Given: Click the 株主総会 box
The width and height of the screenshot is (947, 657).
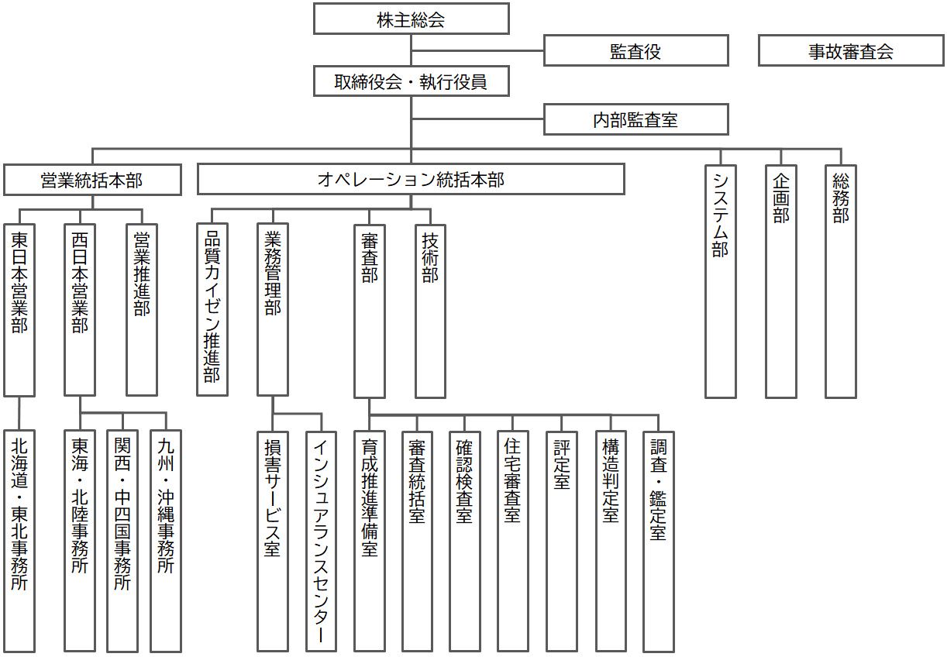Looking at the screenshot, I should tap(411, 19).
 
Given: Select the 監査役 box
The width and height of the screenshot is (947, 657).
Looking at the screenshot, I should tap(635, 51).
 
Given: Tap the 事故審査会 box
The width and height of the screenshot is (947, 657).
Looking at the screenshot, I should tap(850, 51).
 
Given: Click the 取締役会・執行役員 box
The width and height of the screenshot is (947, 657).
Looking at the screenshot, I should tap(411, 81).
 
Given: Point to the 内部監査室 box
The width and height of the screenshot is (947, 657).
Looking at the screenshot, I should tap(635, 119).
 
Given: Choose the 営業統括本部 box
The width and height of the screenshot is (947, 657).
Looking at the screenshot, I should tap(92, 180).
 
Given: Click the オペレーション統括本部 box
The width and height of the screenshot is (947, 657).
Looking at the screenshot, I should tap(411, 180).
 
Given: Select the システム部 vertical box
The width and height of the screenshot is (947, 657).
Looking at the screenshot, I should tap(721, 281).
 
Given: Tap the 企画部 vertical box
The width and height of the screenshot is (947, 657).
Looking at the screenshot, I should tap(781, 281).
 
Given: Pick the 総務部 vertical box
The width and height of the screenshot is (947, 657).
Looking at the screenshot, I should tap(841, 281).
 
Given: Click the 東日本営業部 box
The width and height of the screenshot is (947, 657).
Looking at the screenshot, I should tap(19, 310).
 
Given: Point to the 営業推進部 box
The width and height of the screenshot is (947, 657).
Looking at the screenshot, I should tap(142, 310).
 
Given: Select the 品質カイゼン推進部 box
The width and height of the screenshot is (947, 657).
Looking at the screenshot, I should tap(212, 310).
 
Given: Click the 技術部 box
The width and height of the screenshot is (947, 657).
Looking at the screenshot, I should tap(430, 310).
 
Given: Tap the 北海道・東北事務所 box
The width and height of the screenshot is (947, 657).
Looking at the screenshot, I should tap(19, 541).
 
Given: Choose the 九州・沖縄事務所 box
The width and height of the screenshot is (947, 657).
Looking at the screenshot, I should tap(165, 541).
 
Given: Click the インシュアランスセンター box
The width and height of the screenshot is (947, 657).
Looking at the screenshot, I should tap(321, 541).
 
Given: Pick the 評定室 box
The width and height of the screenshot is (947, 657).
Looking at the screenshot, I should tap(561, 541).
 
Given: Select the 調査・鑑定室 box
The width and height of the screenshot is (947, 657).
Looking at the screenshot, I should tap(658, 541).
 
